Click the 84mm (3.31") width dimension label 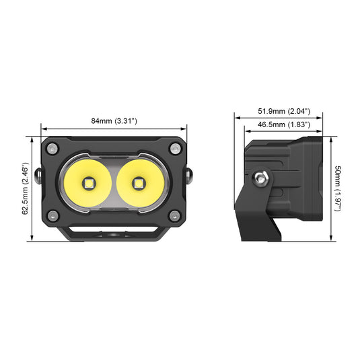pyautogui.click(x=114, y=120)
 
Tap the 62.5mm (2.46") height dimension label pyautogui.click(x=25, y=188)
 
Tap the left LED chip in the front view pyautogui.click(x=89, y=182)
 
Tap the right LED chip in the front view pyautogui.click(x=139, y=182)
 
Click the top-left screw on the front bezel pyautogui.click(x=51, y=148)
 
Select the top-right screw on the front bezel pyautogui.click(x=175, y=148)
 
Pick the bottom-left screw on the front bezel pyautogui.click(x=51, y=215)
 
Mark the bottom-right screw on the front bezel pyautogui.click(x=175, y=215)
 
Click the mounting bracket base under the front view pyautogui.click(x=113, y=235)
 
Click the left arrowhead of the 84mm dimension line pyautogui.click(x=42, y=127)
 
